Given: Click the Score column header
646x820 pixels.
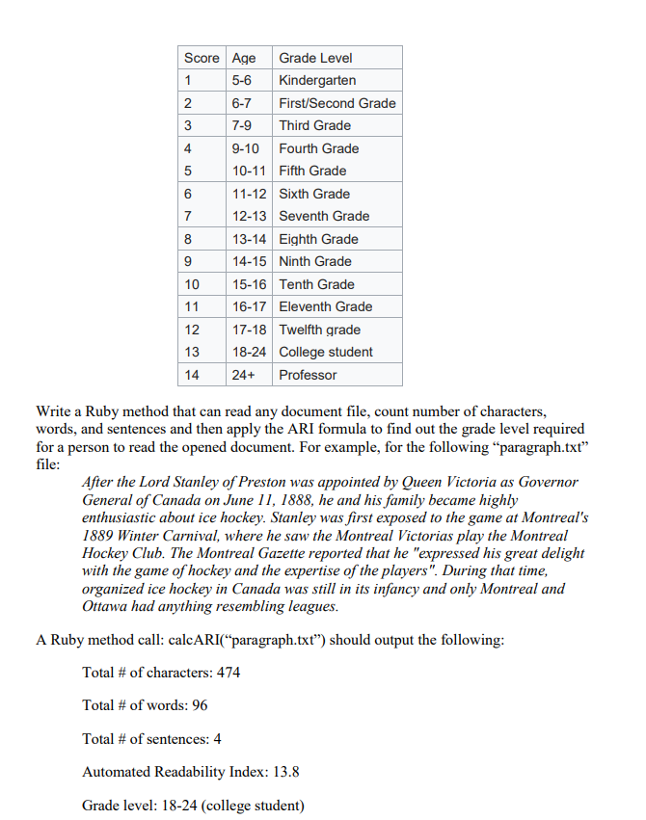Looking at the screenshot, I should pos(202,58).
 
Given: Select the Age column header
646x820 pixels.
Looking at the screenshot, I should pos(245,58).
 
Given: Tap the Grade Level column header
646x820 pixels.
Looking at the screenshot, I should pos(315,58).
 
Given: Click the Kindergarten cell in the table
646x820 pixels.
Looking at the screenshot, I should pos(317,80).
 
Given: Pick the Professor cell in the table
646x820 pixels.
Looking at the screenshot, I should pos(308,375).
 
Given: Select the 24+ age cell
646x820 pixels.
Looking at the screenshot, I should pos(243,375).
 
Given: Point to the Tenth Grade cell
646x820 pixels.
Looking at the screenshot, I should pos(316,284).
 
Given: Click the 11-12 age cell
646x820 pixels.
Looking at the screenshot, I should pos(250,194).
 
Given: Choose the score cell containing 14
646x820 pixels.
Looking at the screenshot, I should pos(192,375).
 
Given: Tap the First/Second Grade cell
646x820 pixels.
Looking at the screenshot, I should pos(336,103).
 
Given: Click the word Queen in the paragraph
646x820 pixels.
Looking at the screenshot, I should pos(424,482).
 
